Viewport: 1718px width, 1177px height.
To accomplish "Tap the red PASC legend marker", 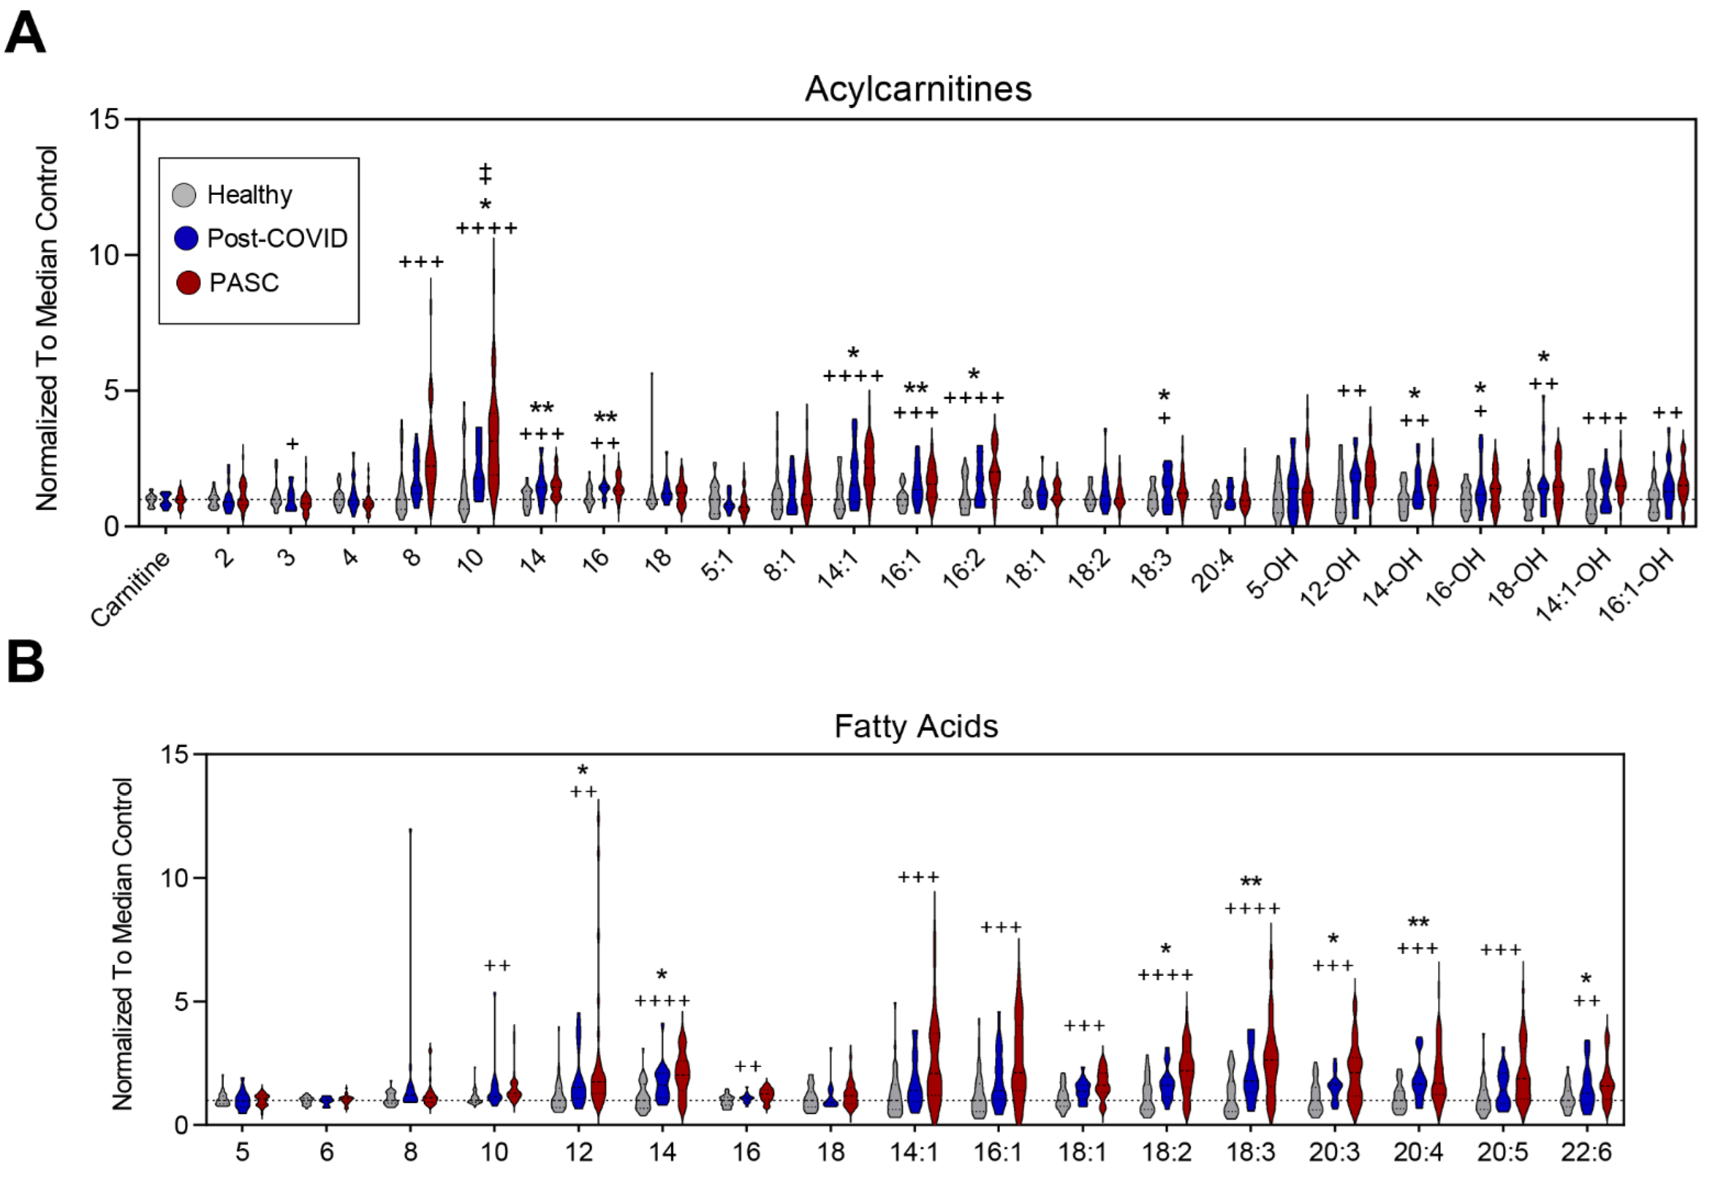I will tap(189, 282).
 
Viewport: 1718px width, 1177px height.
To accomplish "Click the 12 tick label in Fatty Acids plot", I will tap(578, 1152).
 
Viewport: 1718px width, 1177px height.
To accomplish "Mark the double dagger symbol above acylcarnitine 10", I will tap(485, 175).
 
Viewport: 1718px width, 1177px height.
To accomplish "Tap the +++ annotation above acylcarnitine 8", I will tap(421, 262).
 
